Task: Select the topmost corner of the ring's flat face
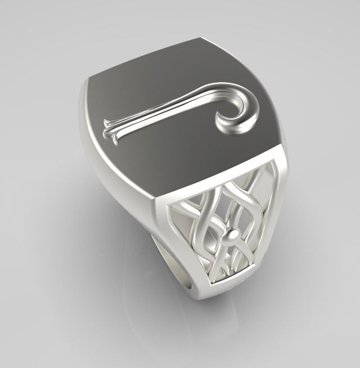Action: [x=200, y=39]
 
